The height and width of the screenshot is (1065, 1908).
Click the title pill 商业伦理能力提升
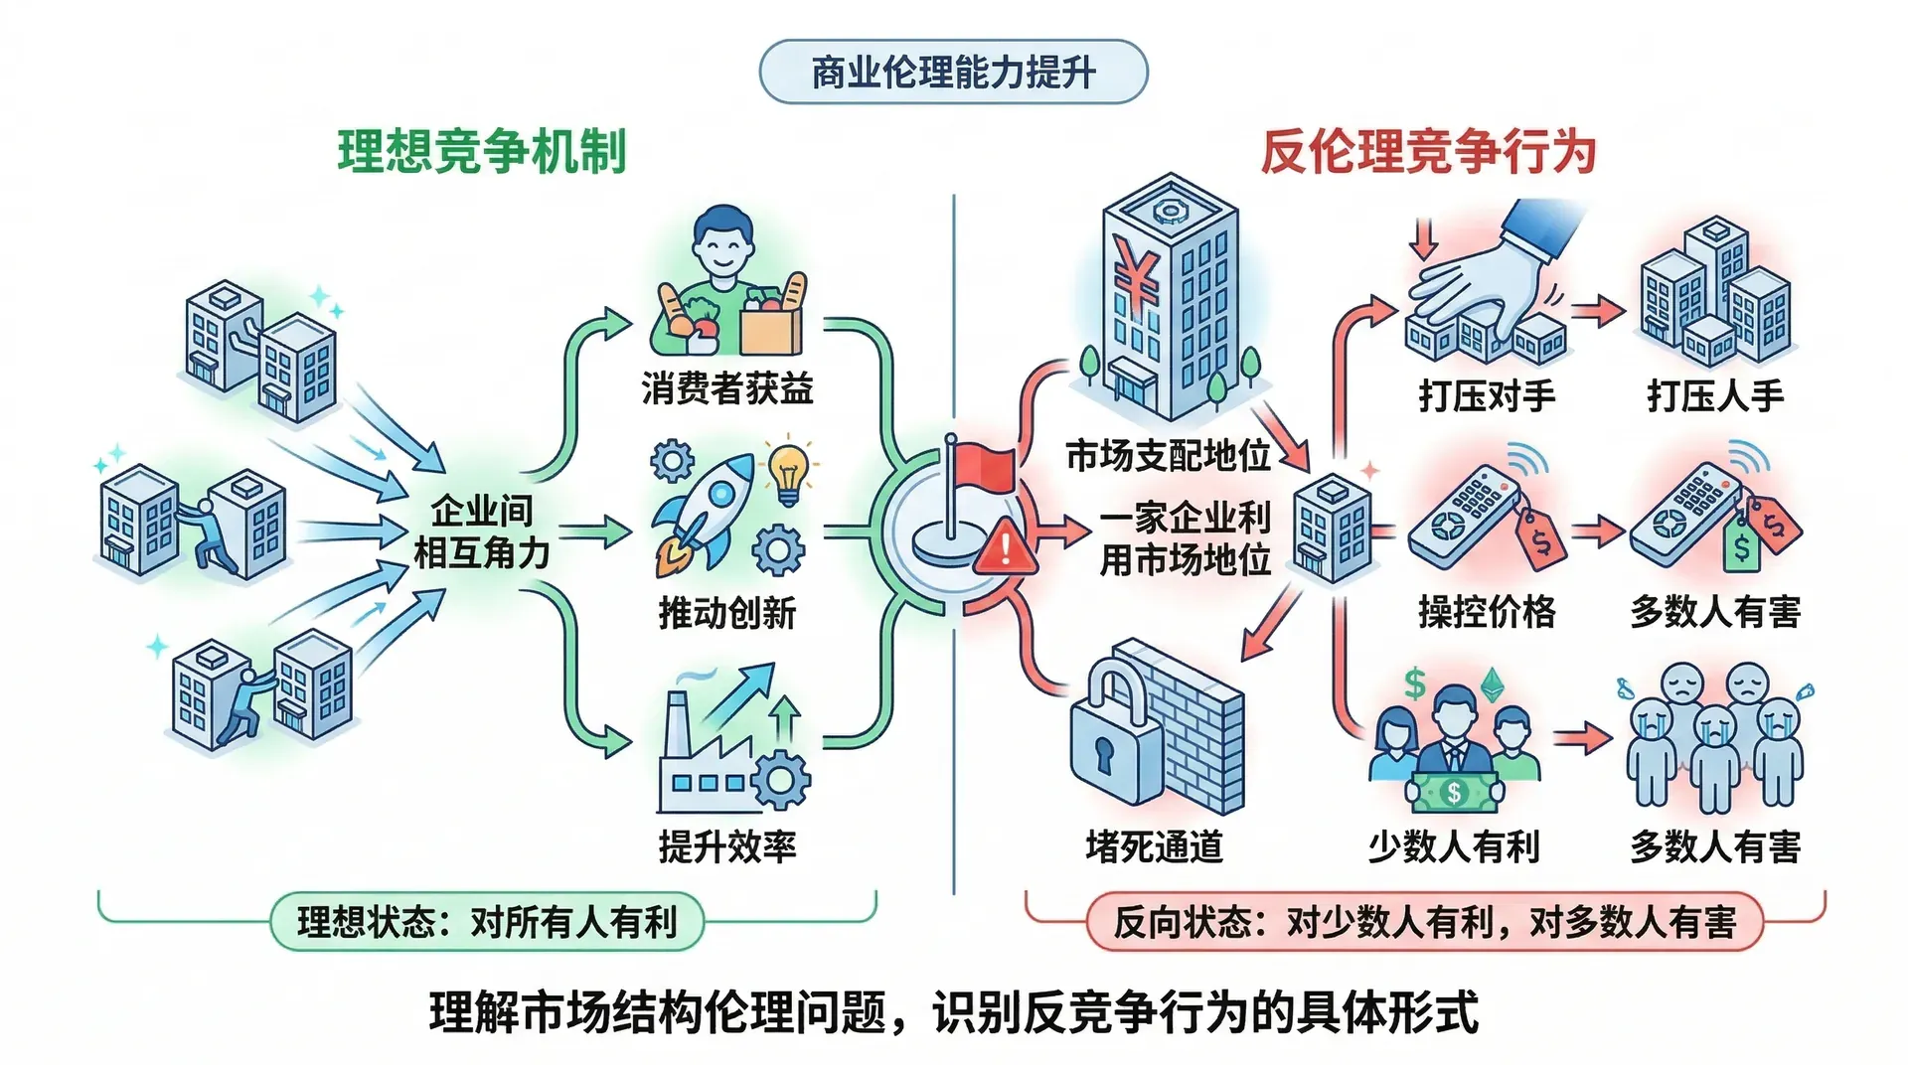[x=953, y=73]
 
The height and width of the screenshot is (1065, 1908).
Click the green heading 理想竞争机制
[x=482, y=153]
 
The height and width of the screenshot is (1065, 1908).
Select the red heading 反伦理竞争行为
[x=1428, y=153]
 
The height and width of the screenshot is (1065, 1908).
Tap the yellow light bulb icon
[x=788, y=471]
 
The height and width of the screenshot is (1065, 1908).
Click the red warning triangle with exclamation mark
[x=1006, y=547]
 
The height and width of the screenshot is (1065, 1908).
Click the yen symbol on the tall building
[x=1136, y=273]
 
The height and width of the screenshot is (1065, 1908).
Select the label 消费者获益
[x=727, y=388]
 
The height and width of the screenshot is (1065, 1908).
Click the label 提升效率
[x=727, y=846]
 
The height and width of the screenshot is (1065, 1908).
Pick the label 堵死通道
[x=1154, y=846]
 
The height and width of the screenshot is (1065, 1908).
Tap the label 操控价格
[x=1487, y=612]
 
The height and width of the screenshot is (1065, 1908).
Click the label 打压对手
[x=1487, y=395]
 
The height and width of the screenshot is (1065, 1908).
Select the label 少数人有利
[x=1454, y=846]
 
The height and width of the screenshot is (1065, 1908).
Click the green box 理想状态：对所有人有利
[x=487, y=922]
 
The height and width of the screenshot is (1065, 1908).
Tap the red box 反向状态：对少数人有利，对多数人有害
[x=1424, y=922]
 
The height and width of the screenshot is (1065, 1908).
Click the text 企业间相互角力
[x=482, y=532]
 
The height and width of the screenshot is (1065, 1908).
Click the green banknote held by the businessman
[x=1454, y=792]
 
